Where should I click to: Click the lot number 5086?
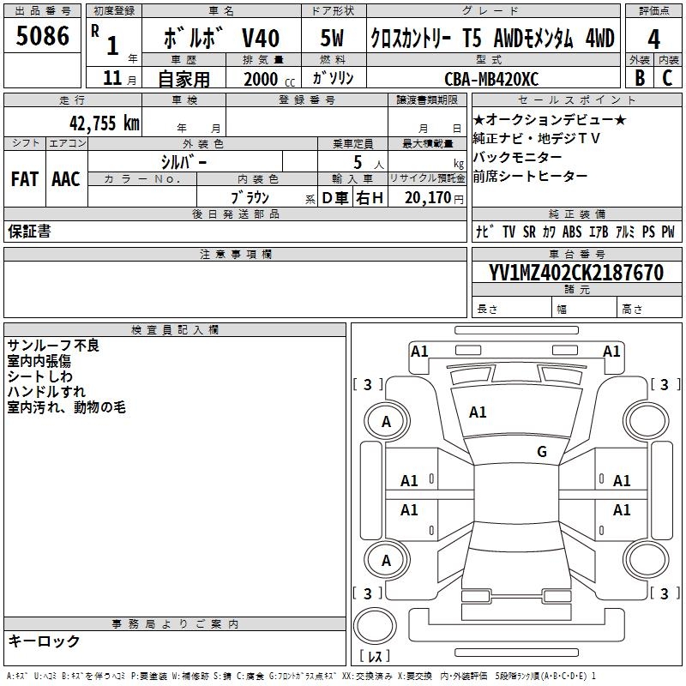[x=43, y=36]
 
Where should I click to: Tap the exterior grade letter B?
[x=639, y=76]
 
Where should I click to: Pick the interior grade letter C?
[x=667, y=76]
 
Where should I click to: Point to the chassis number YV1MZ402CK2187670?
[x=576, y=273]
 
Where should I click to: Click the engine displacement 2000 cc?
[x=266, y=79]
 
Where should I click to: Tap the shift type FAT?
[x=25, y=178]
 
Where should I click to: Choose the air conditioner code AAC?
[x=66, y=178]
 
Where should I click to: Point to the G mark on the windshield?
[x=541, y=451]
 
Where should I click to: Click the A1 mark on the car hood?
[x=478, y=412]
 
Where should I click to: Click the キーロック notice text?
[x=44, y=641]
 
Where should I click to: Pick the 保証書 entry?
[x=29, y=231]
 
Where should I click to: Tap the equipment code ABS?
[x=572, y=232]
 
